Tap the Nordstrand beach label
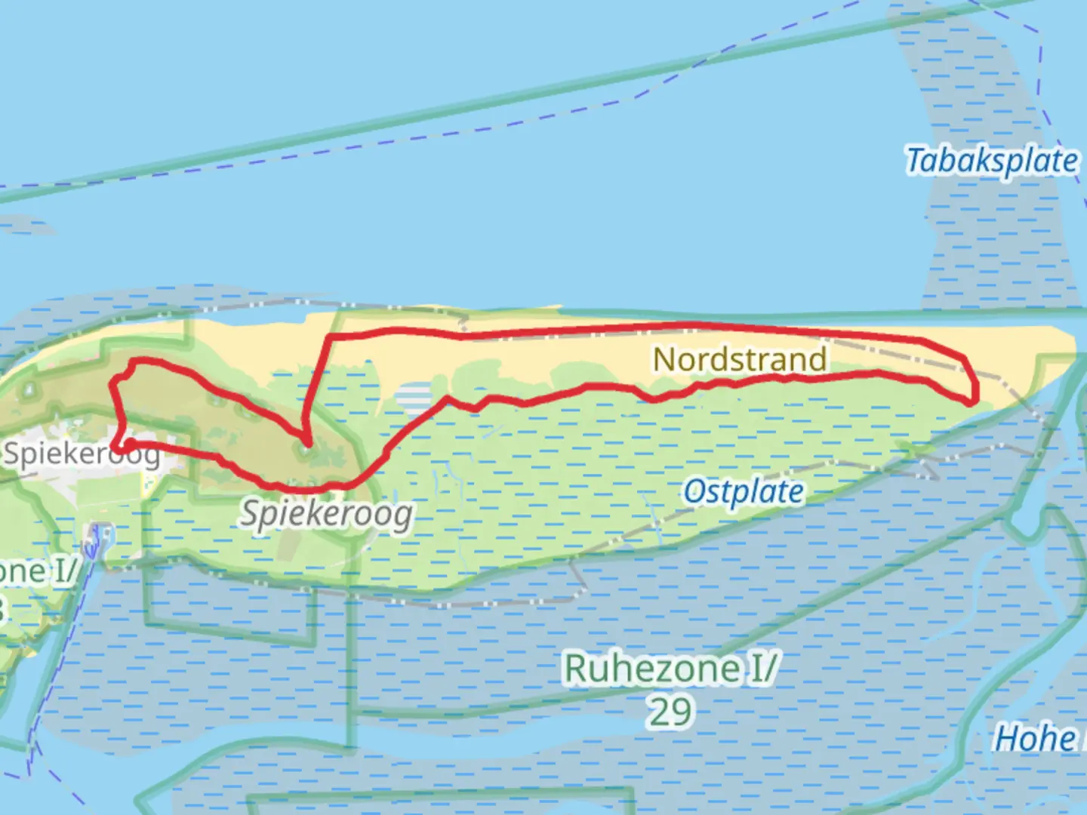(x=740, y=359)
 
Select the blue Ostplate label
(x=744, y=493)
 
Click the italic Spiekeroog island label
(x=327, y=515)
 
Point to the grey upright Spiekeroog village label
(x=82, y=454)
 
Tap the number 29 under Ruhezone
(x=670, y=712)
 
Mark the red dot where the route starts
(x=130, y=444)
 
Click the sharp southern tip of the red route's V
(x=306, y=443)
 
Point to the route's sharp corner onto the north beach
(x=329, y=335)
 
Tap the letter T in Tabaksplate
(x=916, y=161)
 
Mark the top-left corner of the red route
(x=132, y=363)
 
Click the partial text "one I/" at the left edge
(x=38, y=571)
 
